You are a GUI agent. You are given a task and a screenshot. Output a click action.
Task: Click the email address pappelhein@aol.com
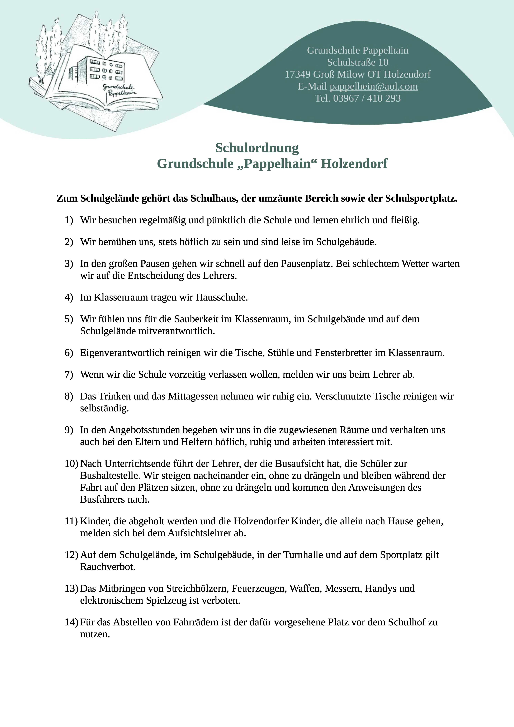(x=374, y=86)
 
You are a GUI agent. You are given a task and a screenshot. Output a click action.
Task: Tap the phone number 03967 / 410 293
(x=367, y=98)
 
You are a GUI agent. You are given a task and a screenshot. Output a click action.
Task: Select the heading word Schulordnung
(x=257, y=148)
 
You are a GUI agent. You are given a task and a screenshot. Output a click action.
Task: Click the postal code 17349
(x=297, y=74)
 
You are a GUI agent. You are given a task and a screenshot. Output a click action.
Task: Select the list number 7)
(x=69, y=375)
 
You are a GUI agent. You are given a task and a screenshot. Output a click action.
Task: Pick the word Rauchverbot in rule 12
(x=107, y=567)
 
